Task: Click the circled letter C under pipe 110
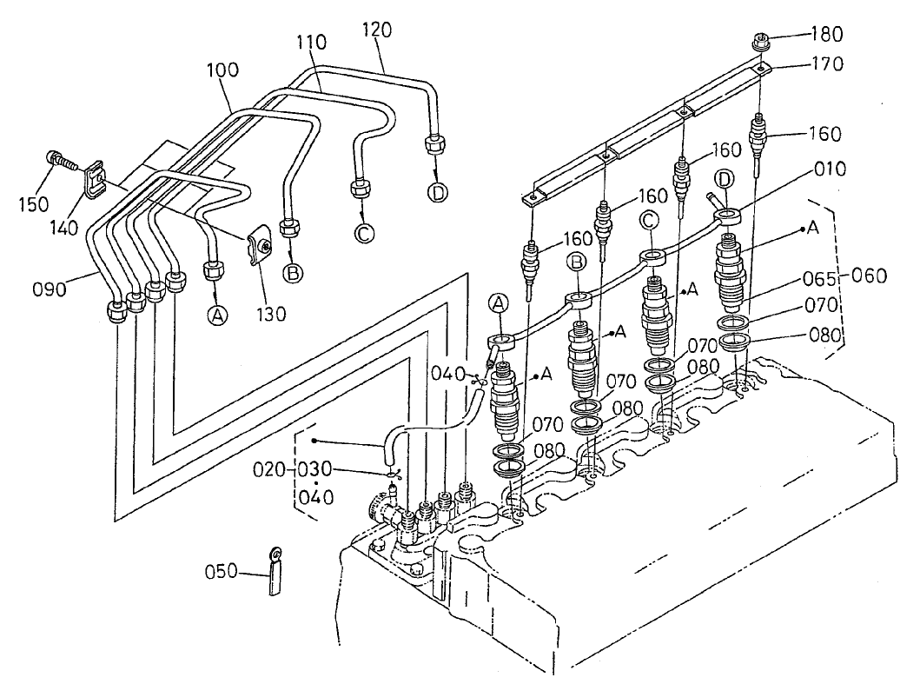pyautogui.click(x=362, y=233)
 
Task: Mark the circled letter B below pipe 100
pyautogui.click(x=294, y=273)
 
